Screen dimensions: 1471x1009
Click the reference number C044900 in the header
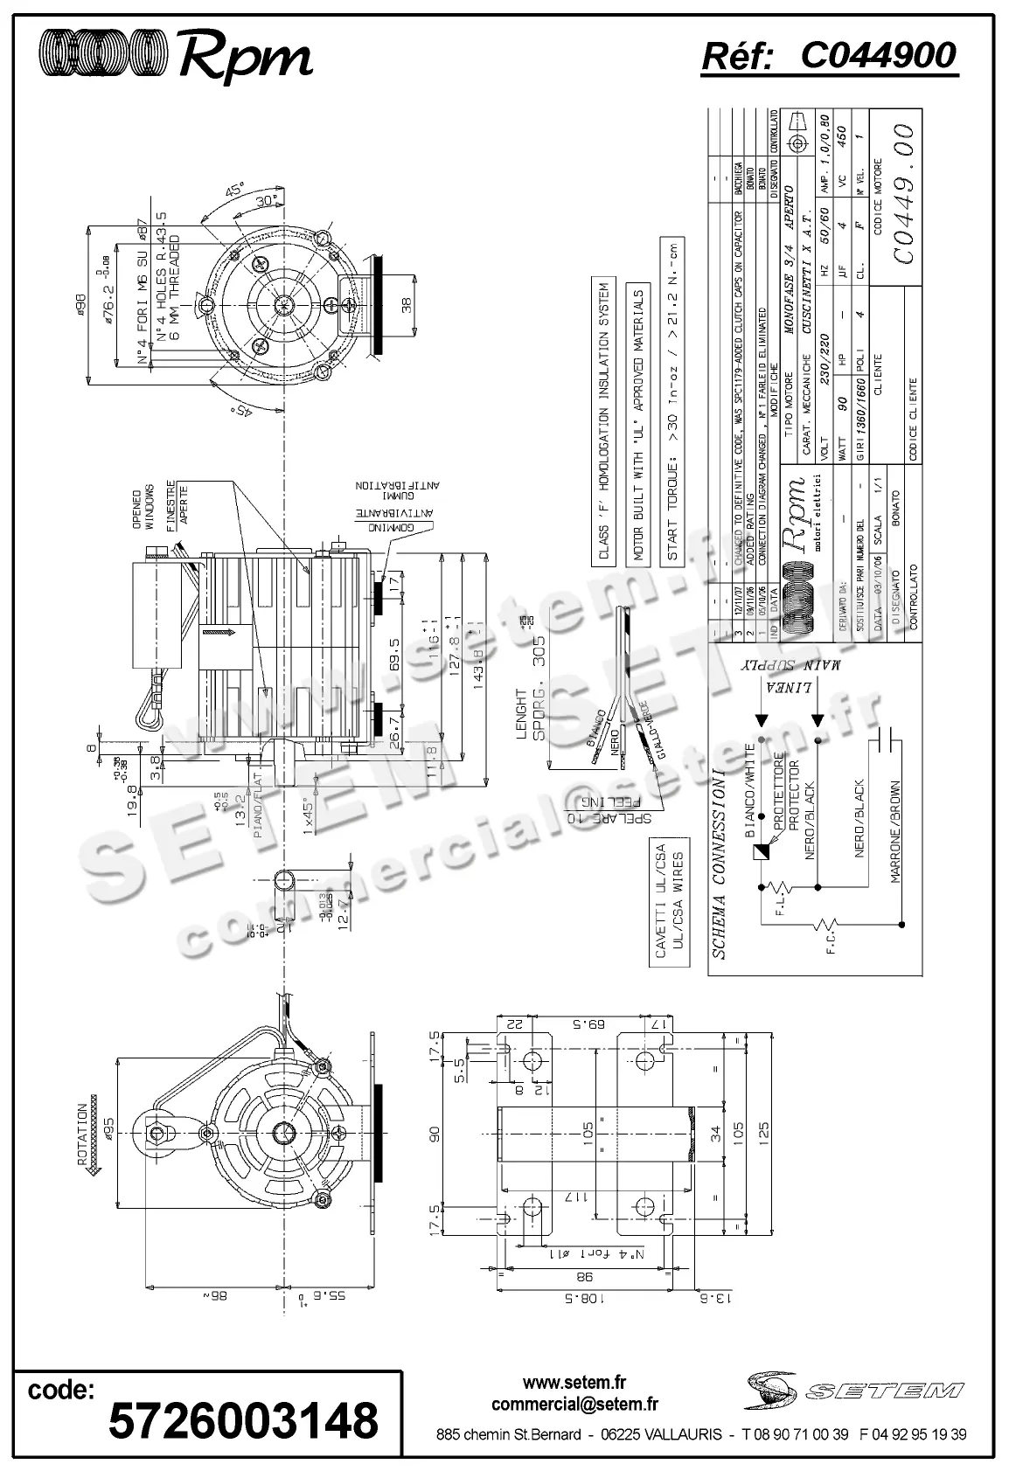click(878, 56)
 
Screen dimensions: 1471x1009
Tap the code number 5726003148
click(243, 1419)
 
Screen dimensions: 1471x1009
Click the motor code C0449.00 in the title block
click(903, 192)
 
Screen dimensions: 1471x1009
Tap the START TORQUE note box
click(672, 401)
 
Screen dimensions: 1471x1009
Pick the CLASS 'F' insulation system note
click(603, 422)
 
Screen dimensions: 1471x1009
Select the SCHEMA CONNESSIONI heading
click(720, 864)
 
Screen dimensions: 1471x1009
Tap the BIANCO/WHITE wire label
click(749, 787)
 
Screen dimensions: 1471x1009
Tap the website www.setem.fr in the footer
click(574, 1383)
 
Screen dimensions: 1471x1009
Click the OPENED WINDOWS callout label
click(143, 509)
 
